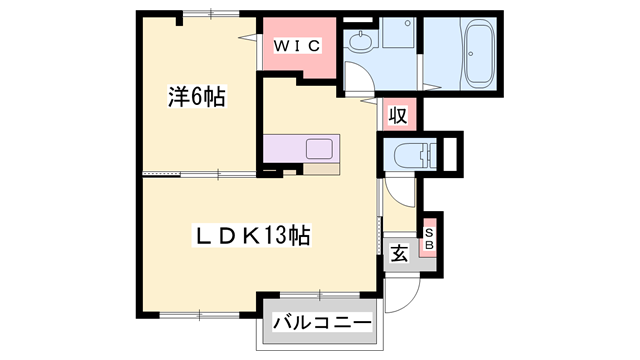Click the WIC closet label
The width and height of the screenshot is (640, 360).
(296, 45)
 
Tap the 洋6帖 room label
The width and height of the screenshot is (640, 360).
(195, 97)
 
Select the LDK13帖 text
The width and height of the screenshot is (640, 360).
(250, 236)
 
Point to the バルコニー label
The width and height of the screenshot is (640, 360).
(322, 323)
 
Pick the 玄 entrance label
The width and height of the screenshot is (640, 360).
(399, 254)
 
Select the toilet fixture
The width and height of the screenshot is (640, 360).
(413, 155)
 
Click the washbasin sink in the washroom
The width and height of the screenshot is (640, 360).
(359, 43)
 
